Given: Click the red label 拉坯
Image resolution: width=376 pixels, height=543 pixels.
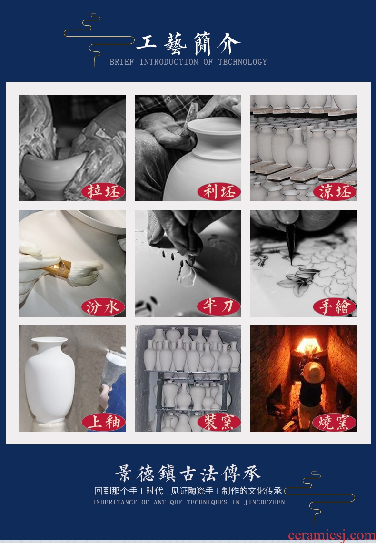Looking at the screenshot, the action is (x=103, y=191).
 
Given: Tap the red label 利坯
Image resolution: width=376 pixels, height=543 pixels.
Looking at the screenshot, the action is (x=219, y=191).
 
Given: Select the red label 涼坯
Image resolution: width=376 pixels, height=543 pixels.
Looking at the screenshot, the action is (x=335, y=191).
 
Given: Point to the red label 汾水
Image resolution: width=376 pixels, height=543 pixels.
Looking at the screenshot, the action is (x=103, y=307).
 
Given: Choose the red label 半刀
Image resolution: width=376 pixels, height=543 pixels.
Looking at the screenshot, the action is (x=219, y=307).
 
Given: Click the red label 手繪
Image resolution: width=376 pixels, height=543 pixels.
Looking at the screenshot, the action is (x=335, y=307).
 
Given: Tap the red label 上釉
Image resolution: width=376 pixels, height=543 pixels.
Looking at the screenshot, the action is (x=103, y=422).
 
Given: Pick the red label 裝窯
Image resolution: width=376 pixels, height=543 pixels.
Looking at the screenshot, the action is (x=219, y=422).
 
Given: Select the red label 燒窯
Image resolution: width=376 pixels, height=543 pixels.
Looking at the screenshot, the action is (x=335, y=422).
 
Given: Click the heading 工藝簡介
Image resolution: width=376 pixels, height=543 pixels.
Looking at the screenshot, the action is (x=188, y=44).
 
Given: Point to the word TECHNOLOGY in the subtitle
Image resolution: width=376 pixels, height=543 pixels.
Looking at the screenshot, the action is (x=242, y=62).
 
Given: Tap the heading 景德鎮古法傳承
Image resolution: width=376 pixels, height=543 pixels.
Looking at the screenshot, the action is (x=188, y=474).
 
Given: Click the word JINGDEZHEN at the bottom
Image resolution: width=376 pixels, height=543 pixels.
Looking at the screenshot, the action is (x=265, y=502).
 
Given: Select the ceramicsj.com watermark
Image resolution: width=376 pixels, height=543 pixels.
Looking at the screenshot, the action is (x=331, y=535).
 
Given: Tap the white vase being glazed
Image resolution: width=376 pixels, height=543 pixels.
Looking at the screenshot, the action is (x=49, y=379).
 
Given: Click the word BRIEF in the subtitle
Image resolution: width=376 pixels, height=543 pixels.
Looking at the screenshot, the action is (x=122, y=62).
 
